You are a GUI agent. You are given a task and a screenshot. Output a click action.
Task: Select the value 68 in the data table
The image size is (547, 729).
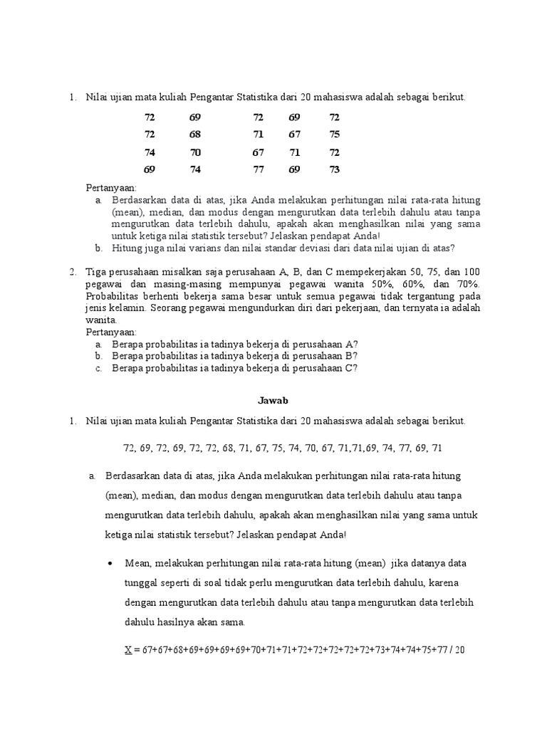[195, 135]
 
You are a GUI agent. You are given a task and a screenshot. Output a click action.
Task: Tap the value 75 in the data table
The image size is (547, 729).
[335, 135]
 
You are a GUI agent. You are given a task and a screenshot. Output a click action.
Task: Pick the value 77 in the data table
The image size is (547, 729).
[258, 169]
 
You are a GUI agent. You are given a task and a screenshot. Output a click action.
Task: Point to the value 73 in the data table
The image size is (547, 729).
[335, 169]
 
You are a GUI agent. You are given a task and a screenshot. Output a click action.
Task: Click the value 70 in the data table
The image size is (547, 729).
[195, 152]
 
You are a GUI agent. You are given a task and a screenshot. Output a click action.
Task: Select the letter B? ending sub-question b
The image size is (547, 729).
[351, 356]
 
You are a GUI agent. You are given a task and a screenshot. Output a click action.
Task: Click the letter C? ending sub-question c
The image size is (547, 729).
[351, 368]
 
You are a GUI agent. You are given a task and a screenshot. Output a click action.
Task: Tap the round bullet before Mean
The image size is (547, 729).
[110, 563]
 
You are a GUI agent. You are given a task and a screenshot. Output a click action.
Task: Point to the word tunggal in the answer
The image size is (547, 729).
[142, 582]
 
